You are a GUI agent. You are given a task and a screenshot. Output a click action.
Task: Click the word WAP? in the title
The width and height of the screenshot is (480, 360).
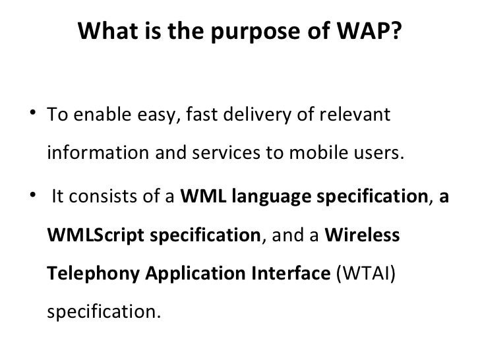[371, 31]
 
